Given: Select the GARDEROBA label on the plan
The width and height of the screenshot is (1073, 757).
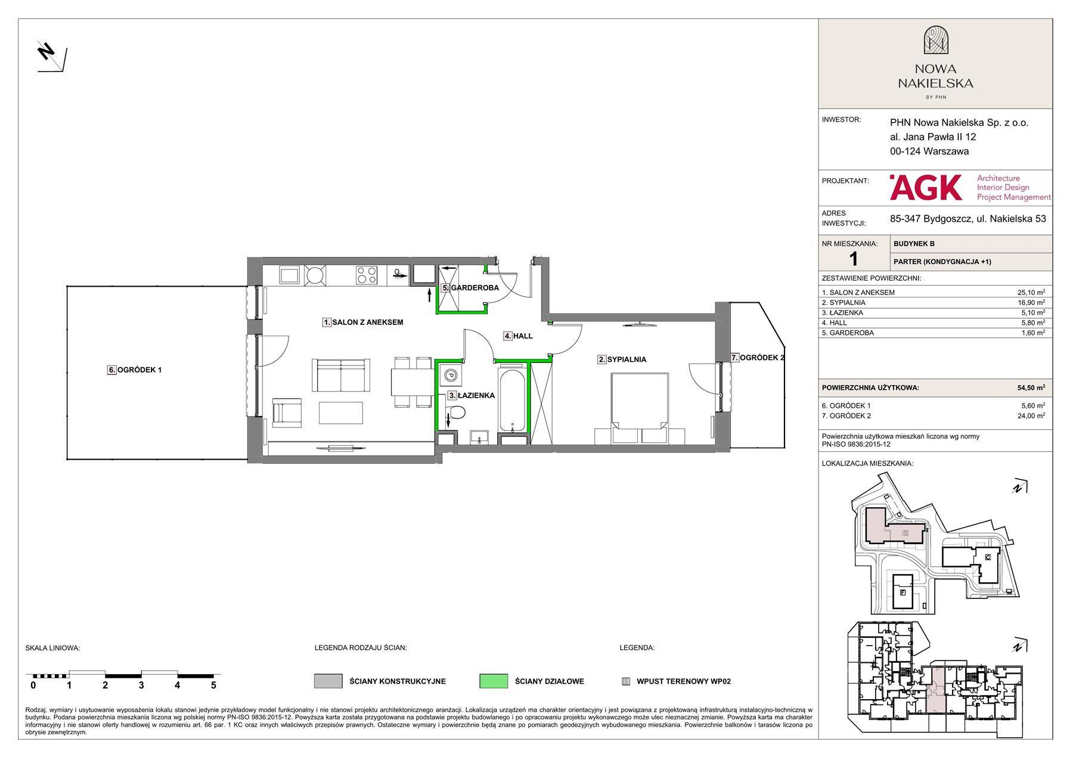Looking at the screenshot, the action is coord(475,288).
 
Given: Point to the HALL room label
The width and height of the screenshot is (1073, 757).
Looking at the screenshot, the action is coord(523,336).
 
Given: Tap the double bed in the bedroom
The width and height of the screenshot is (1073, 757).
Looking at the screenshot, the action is coord(640,408).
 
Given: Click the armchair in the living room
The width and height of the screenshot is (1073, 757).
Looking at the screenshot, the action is coord(287,412).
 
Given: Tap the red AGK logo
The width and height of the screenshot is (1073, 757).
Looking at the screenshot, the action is coord(926,187).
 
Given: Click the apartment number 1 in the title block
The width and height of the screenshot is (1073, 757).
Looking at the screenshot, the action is coord(854,258).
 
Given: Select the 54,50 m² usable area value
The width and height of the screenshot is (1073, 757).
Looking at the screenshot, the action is coord(1031,387).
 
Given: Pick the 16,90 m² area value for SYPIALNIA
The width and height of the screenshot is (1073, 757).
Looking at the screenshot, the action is coord(1031,302).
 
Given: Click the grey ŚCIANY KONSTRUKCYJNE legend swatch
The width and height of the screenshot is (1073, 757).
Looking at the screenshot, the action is coord(328,681).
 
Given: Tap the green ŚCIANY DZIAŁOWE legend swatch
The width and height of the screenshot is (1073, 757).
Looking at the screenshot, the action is coord(494,681).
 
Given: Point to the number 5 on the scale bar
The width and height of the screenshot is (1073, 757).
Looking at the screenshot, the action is coord(213,685).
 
